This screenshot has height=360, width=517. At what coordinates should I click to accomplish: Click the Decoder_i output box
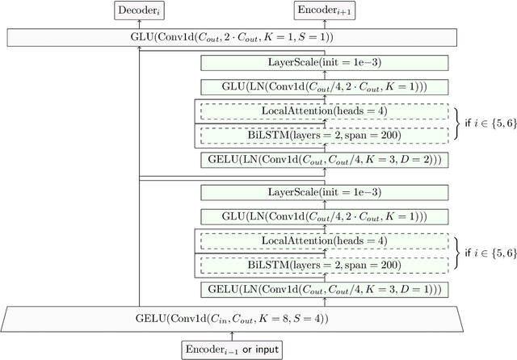(140, 10)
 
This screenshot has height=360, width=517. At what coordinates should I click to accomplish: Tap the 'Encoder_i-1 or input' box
(232, 350)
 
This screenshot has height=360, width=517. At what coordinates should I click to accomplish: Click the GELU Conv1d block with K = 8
(232, 317)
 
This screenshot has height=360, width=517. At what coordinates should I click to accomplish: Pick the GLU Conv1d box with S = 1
(232, 37)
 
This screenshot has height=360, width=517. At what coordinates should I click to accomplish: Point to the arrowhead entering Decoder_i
(140, 23)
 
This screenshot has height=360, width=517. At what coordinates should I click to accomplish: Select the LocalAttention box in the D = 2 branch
(323, 111)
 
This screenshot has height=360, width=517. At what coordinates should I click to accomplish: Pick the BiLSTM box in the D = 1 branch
(323, 264)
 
